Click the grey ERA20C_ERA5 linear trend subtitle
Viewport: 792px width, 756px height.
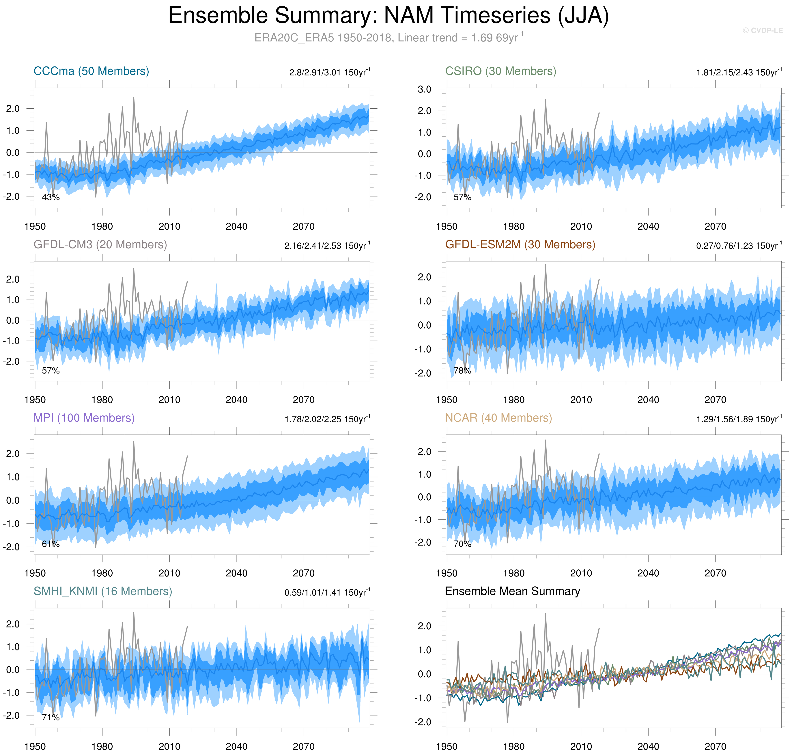tap(388, 38)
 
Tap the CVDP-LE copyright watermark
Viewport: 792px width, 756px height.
tap(762, 31)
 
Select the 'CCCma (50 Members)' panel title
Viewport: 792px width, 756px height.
tap(91, 71)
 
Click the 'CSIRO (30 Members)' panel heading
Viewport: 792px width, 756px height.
tap(500, 71)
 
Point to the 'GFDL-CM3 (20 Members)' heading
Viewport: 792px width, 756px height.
tap(100, 245)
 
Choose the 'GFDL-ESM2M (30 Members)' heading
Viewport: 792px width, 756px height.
tap(520, 245)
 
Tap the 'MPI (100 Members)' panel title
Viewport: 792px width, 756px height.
tap(84, 418)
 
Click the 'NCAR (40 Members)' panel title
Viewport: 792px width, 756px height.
tap(498, 418)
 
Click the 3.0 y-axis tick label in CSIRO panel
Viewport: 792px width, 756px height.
tap(424, 90)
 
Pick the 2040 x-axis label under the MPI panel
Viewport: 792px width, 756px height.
tap(236, 573)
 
